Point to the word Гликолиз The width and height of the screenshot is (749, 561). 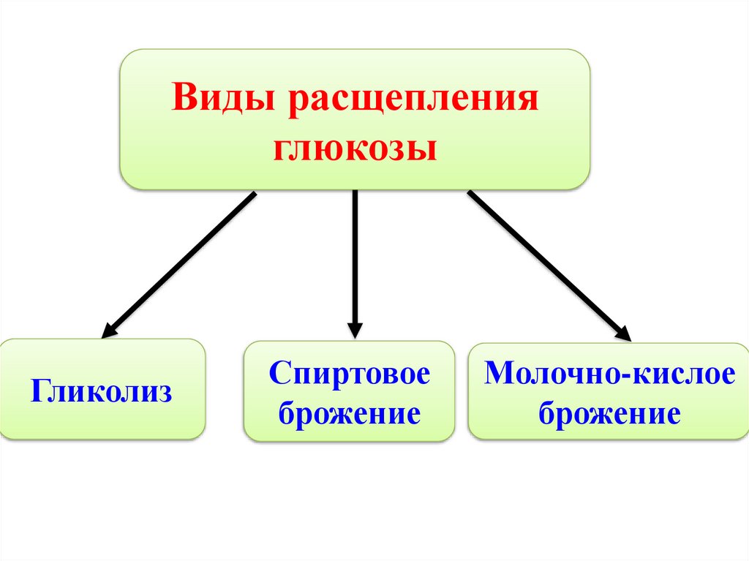(x=102, y=391)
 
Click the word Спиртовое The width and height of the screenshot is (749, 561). (x=350, y=375)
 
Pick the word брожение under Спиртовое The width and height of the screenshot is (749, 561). (x=350, y=414)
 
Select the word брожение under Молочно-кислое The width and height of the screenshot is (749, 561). (x=609, y=414)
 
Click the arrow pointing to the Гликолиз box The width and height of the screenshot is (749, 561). (x=180, y=264)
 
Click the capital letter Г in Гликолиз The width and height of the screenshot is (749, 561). (x=38, y=391)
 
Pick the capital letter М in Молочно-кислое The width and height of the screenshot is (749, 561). (x=499, y=374)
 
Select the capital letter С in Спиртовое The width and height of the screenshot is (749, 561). (x=277, y=375)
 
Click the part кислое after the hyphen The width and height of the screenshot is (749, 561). (x=674, y=375)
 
